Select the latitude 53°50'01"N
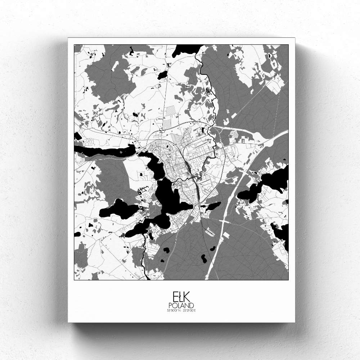[173, 310]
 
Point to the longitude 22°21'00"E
[189, 310]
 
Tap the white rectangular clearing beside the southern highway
[226, 235]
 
